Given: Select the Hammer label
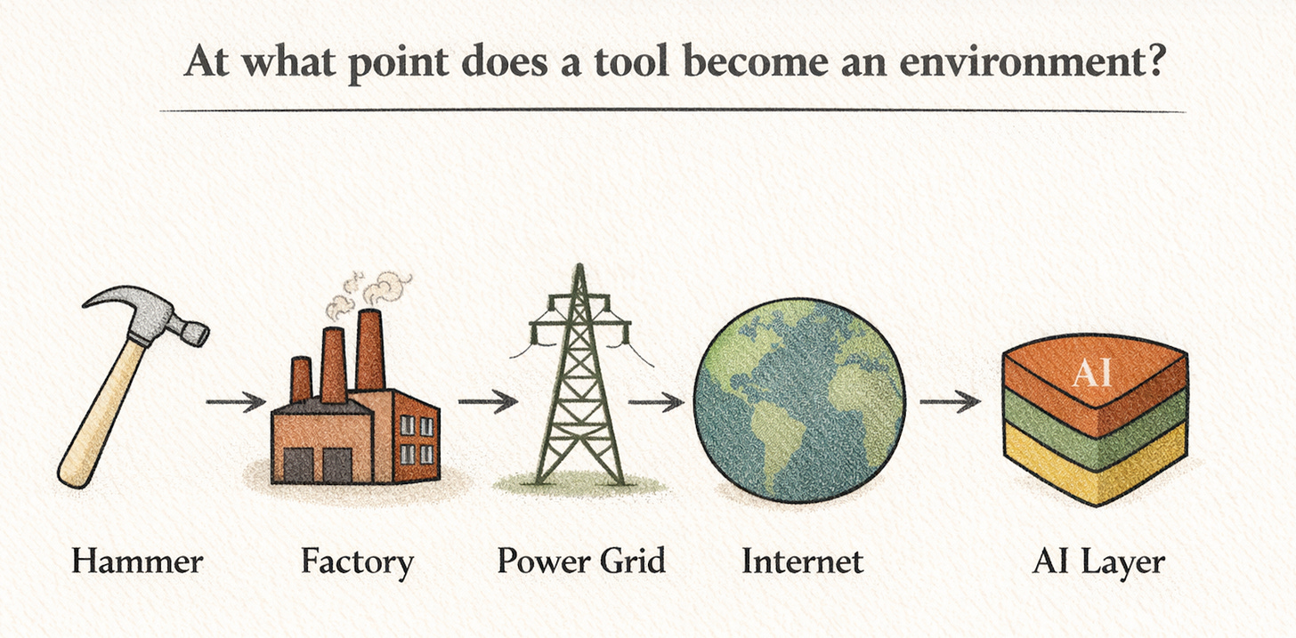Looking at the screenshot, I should pyautogui.click(x=137, y=562).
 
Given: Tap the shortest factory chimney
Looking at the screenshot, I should pyautogui.click(x=301, y=378).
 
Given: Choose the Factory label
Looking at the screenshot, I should pyautogui.click(x=356, y=562).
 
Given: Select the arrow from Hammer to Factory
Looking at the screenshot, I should pyautogui.click(x=235, y=402).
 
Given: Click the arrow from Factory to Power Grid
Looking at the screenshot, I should pyautogui.click(x=487, y=402).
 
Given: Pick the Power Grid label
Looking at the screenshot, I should pyautogui.click(x=581, y=562).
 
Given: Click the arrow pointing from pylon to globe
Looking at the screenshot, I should pyautogui.click(x=657, y=402).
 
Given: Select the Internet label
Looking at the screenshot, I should pyautogui.click(x=801, y=562).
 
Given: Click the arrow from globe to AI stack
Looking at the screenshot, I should pyautogui.click(x=949, y=402).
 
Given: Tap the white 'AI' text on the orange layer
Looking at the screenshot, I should pyautogui.click(x=1092, y=373).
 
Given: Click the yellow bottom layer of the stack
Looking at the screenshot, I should pyautogui.click(x=1095, y=467).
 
